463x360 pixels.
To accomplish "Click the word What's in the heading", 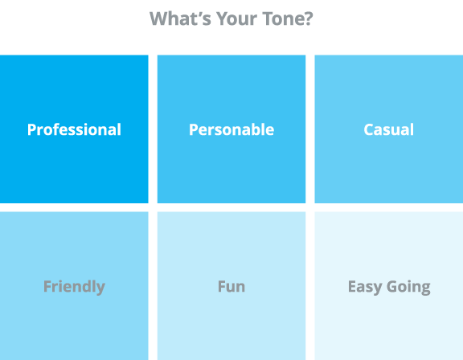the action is (x=180, y=18).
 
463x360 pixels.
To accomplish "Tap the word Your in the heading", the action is (x=237, y=18).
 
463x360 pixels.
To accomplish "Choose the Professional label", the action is (x=74, y=130).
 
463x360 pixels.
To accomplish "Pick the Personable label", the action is (x=231, y=130).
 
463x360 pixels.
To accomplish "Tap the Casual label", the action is (x=389, y=130).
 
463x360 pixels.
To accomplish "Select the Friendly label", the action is (x=74, y=287).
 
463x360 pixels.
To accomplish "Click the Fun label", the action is (x=231, y=287).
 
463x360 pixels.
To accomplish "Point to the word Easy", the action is (x=365, y=287).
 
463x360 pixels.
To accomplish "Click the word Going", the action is (x=408, y=287).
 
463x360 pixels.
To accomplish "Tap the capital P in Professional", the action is (x=32, y=130).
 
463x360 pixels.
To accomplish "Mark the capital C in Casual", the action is (x=369, y=130).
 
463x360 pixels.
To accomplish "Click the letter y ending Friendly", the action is (x=100, y=289).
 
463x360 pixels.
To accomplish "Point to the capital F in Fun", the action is (x=222, y=287).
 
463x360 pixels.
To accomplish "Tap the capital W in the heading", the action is (x=159, y=19).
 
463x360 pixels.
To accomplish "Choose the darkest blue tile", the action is (x=74, y=129).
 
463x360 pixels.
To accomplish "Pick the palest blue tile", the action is (x=389, y=285).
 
